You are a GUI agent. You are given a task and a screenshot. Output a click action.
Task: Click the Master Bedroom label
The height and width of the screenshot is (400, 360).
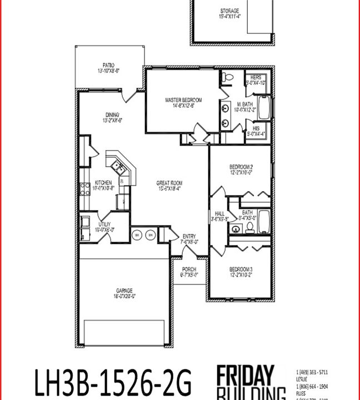point(183,100)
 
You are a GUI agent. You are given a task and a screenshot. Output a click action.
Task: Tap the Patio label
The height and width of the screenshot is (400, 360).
point(108,65)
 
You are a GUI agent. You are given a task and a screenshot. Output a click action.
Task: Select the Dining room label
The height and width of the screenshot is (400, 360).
point(112,116)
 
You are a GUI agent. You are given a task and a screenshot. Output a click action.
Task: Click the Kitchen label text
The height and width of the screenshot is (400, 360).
point(103,183)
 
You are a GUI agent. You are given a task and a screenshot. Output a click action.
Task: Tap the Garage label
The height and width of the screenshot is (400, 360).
point(124,291)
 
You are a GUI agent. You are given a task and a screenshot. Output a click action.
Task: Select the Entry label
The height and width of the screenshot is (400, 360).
point(189,237)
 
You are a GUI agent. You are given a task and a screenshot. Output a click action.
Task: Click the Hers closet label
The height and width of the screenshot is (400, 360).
point(256,77)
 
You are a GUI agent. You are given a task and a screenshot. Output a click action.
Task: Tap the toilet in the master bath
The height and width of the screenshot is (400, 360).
point(226,79)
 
